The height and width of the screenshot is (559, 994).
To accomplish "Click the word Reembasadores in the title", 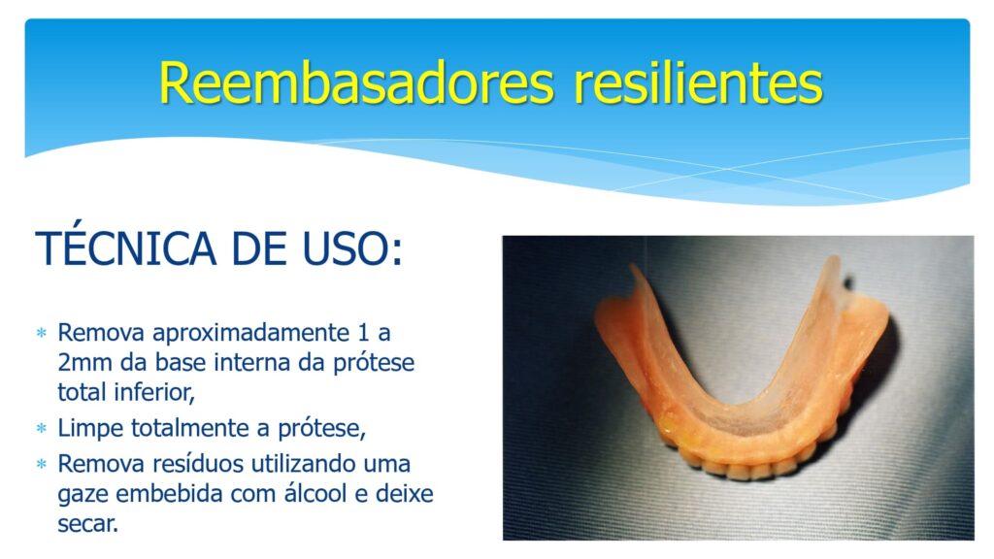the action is point(357,83).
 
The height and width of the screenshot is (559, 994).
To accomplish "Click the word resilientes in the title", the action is point(698,83).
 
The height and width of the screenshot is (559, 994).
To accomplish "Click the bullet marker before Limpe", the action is point(42,428).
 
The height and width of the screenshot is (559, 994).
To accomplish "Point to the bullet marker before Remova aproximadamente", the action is point(42,333).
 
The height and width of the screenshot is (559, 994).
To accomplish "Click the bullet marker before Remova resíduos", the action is point(42,464).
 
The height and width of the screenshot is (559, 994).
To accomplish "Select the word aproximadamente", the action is point(251,334).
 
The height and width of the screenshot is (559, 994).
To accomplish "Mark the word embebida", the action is point(169,493).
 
